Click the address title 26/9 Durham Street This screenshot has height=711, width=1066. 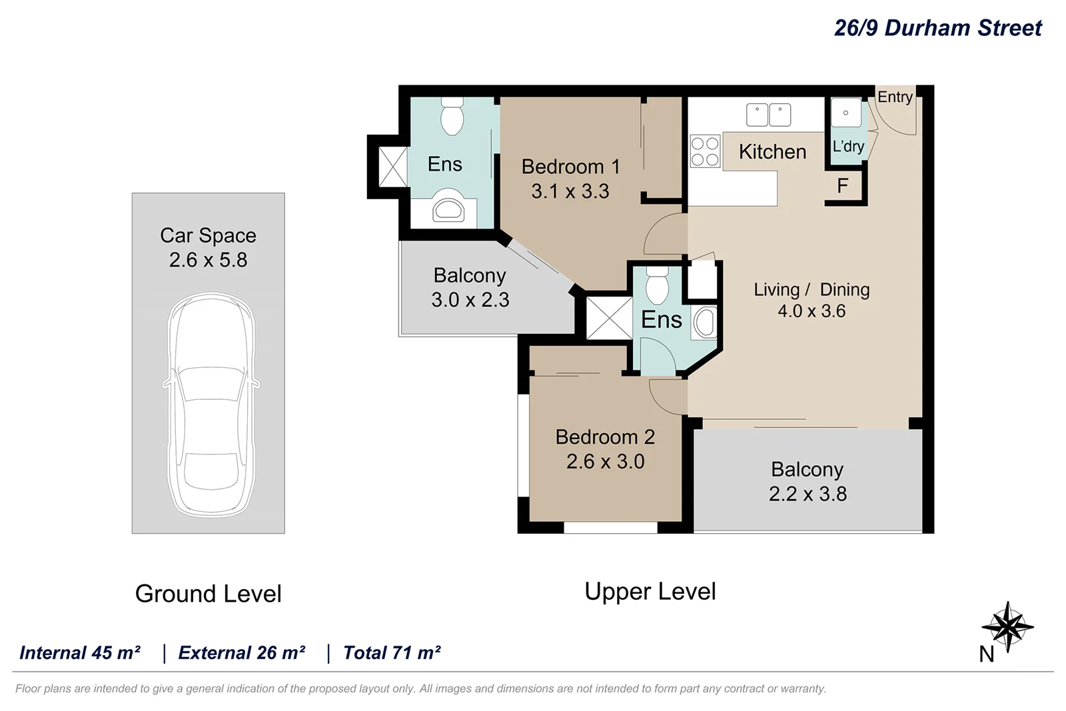937,28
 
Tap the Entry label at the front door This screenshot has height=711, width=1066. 894,97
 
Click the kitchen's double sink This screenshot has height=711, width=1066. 768,115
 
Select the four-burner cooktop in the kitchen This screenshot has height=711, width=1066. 705,151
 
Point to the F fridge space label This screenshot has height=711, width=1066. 842,186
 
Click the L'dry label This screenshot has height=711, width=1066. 848,147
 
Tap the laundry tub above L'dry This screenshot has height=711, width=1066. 845,113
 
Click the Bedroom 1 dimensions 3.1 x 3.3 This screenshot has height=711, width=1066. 570,192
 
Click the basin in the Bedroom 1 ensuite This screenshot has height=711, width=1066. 448,209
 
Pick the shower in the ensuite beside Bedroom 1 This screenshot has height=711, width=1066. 392,167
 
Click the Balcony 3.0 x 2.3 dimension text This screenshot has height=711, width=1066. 470,300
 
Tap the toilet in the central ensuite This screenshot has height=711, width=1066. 657,286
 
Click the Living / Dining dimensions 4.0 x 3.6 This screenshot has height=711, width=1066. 811,311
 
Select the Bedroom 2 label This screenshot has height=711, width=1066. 605,437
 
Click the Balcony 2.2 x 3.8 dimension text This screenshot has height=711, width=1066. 807,494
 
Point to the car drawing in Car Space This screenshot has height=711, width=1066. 210,405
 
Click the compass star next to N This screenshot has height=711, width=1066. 1008,626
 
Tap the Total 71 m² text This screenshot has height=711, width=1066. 392,653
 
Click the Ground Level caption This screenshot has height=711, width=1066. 208,594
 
